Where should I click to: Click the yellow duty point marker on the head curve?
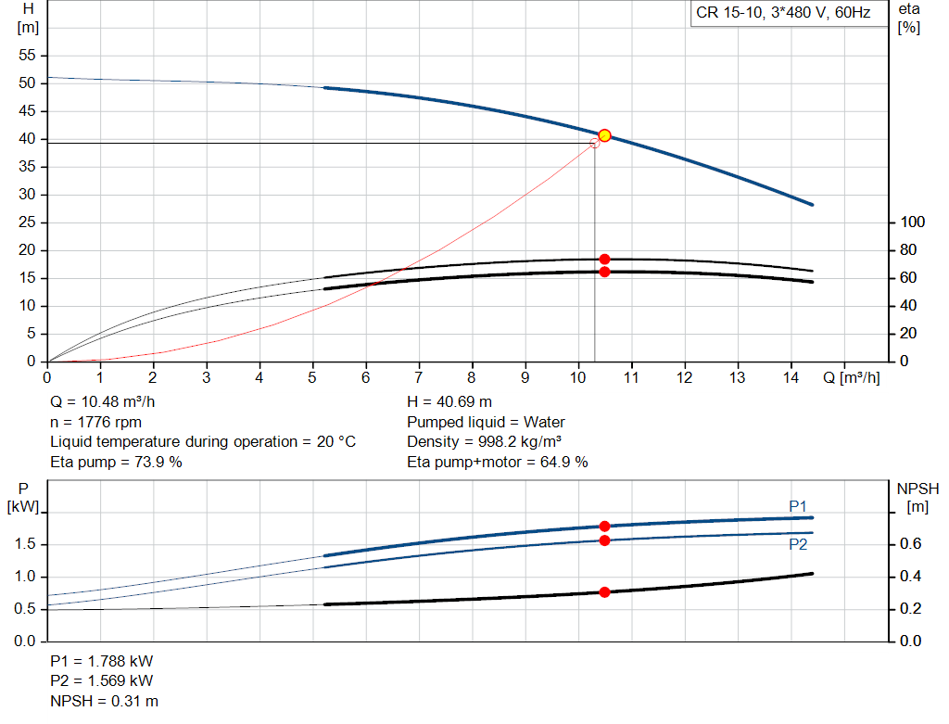point(604,135)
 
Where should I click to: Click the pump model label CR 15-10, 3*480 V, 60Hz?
point(783,13)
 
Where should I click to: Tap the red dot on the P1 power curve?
point(604,527)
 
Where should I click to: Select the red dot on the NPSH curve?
point(604,591)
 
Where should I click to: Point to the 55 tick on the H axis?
point(27,56)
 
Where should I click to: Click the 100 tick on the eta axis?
point(913,222)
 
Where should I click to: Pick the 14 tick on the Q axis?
point(791,378)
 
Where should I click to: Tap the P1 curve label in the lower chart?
point(798,506)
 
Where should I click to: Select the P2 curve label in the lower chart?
point(798,545)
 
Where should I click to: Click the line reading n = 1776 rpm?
point(95,422)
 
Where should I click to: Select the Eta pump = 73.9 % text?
point(116,462)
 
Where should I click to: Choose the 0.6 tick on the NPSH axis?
point(912,544)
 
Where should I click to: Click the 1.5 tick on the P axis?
point(27,544)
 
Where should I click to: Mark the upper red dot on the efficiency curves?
point(604,260)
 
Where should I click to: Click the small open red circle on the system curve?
point(595,143)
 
